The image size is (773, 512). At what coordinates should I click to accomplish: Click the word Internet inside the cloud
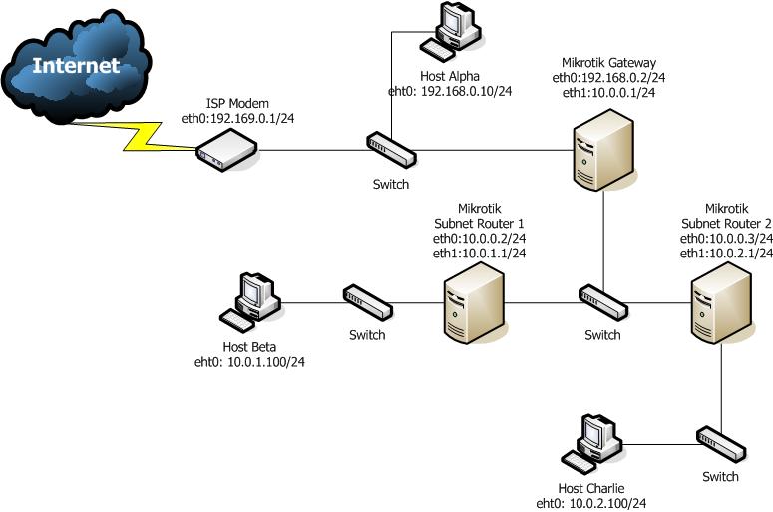click(x=76, y=66)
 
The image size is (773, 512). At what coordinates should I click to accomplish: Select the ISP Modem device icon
click(x=226, y=151)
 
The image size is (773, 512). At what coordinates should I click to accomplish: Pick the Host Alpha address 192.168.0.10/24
click(x=450, y=91)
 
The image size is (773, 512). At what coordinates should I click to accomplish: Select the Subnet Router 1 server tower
click(x=474, y=298)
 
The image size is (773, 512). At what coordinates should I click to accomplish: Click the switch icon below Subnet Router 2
click(x=720, y=441)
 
